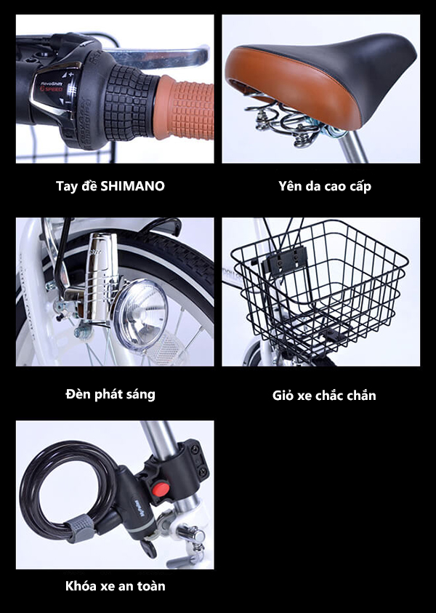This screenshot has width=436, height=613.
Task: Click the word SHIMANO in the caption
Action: (x=132, y=186)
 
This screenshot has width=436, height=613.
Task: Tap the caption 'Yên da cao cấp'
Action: (x=325, y=186)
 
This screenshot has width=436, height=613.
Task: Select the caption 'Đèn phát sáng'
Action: (x=110, y=394)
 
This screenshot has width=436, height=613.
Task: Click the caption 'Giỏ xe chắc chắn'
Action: (x=324, y=396)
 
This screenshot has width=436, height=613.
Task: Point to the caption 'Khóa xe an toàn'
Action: (x=116, y=585)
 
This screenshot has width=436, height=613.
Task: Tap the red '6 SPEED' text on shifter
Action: (x=52, y=89)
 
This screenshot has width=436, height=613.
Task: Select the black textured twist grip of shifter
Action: (x=129, y=103)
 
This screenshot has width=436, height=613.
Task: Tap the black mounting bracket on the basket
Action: (x=284, y=261)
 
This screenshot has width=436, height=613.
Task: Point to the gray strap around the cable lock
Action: (x=79, y=528)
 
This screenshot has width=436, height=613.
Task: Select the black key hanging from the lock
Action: (x=148, y=548)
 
